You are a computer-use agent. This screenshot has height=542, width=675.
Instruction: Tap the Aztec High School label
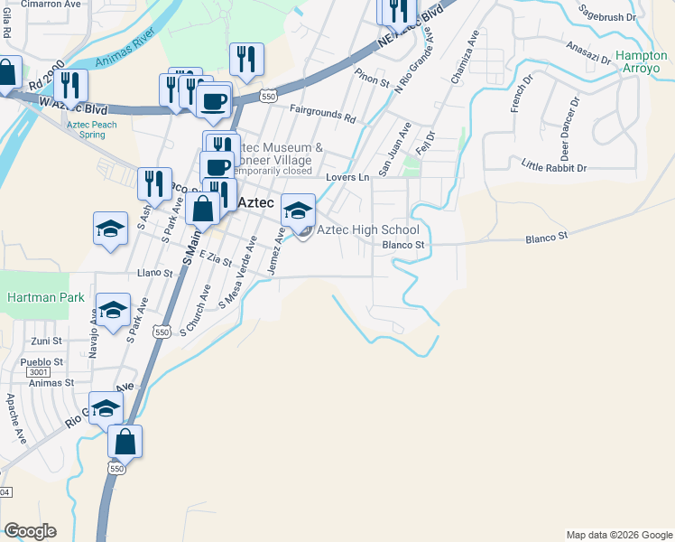(x=367, y=230)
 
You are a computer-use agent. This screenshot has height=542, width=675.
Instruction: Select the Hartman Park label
(x=45, y=297)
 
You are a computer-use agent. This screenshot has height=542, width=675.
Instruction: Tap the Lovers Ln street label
(x=347, y=178)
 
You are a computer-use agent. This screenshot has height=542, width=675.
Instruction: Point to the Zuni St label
(x=46, y=341)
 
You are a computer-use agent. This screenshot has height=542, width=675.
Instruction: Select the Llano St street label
(x=154, y=272)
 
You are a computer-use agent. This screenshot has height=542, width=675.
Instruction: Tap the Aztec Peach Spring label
(x=91, y=129)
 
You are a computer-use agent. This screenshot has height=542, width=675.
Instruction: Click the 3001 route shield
(x=39, y=372)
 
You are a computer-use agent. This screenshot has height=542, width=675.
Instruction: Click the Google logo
(x=29, y=531)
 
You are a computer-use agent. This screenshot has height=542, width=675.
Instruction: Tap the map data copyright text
(x=618, y=535)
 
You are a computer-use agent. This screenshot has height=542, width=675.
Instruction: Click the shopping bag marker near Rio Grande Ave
(x=125, y=443)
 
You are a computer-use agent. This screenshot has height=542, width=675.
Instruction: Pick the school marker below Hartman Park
(x=113, y=312)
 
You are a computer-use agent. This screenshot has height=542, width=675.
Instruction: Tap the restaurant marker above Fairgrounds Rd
(x=246, y=61)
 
